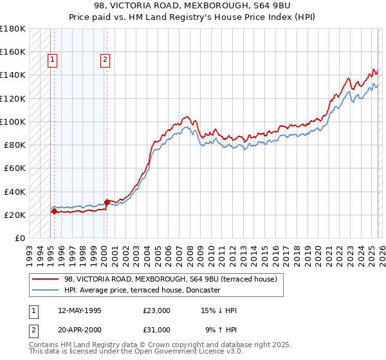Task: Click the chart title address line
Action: [193, 5]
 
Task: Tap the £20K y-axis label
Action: [15, 215]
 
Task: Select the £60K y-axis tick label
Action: [15, 168]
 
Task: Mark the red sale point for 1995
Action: [54, 211]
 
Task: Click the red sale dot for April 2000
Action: [107, 202]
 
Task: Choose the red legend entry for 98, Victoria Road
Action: [170, 279]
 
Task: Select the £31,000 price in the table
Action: [157, 330]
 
